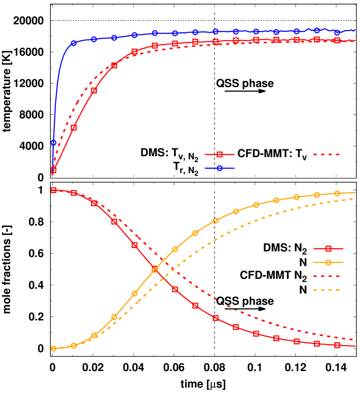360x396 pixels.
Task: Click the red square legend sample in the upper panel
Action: click(x=220, y=154)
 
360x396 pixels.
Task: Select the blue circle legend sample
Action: click(x=220, y=168)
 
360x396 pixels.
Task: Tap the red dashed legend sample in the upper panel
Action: click(x=326, y=154)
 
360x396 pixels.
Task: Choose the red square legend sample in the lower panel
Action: click(x=328, y=248)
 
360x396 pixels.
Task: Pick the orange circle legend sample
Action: click(x=328, y=262)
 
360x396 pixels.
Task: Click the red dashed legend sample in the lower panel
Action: click(x=326, y=276)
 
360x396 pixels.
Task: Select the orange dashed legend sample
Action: click(x=326, y=290)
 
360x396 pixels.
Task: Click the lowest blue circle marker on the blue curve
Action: click(x=54, y=143)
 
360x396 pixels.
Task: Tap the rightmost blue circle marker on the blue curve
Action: click(x=337, y=33)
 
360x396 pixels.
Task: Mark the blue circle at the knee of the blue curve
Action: click(x=74, y=43)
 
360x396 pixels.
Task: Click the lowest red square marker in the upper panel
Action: click(x=54, y=170)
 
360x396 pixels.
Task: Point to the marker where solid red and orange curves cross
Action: click(x=155, y=269)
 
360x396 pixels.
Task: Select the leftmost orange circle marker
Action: click(x=54, y=348)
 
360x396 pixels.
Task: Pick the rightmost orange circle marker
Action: click(x=337, y=193)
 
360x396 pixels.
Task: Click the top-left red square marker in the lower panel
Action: click(x=54, y=190)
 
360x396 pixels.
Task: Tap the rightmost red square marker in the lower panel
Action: click(x=337, y=345)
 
